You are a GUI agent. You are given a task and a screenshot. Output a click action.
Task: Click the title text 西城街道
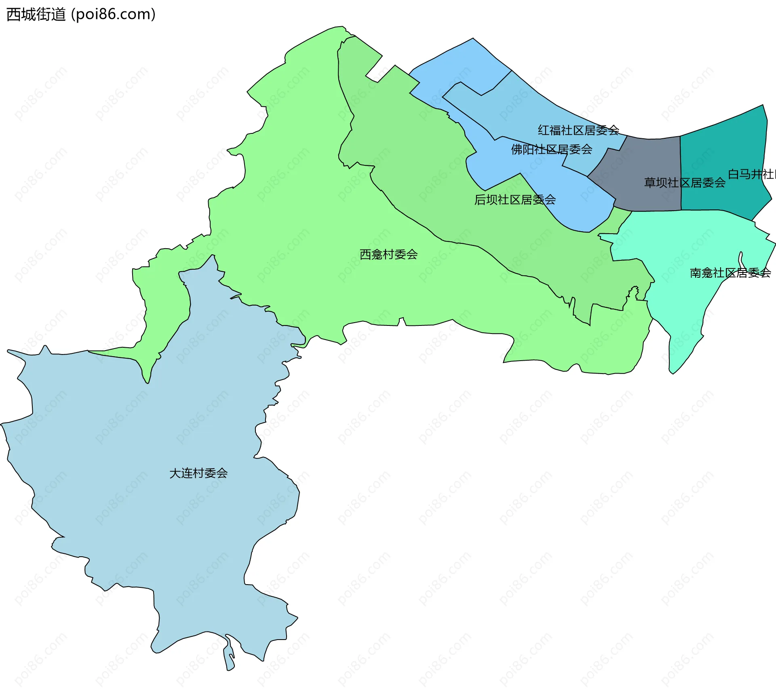36,15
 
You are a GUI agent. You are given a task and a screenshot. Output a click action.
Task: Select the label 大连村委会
198,473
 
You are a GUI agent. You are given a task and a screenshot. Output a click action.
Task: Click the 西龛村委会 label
388,254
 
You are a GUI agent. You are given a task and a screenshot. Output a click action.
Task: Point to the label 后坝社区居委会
515,200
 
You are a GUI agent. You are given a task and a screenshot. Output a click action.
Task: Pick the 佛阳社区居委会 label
552,150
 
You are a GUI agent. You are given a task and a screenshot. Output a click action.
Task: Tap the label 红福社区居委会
578,130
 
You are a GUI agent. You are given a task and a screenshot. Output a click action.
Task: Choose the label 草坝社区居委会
685,183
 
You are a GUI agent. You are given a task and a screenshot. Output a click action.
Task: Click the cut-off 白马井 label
751,174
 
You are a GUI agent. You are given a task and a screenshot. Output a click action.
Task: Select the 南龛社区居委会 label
730,273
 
